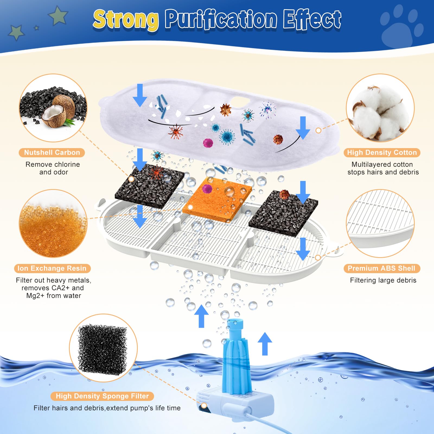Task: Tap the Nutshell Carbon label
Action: pos(52,152)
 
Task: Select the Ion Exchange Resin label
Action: pos(52,268)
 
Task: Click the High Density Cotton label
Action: pos(382,152)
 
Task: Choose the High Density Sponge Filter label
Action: pos(102,396)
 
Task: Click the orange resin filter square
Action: pos(217,201)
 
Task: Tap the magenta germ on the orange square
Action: pos(207,188)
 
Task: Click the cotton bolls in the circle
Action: pos(380,111)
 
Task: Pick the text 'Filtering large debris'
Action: pos(383,280)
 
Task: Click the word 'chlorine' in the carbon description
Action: pos(66,164)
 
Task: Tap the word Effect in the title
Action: pos(312,20)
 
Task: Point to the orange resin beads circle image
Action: pos(53,224)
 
